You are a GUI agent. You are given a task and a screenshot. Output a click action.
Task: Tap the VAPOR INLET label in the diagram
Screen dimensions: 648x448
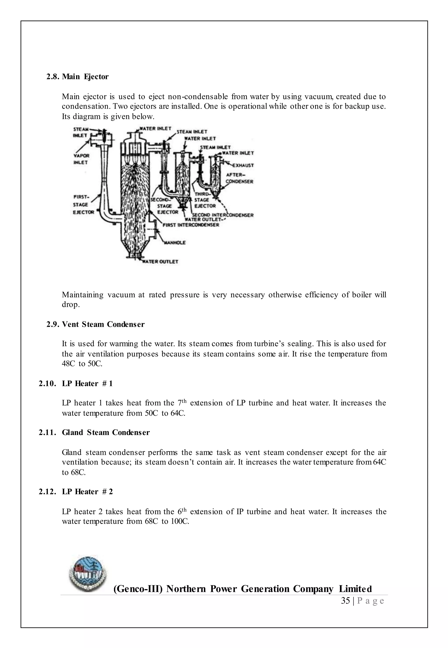[81, 159]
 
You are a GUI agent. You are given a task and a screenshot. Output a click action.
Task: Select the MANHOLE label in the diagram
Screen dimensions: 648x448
[175, 243]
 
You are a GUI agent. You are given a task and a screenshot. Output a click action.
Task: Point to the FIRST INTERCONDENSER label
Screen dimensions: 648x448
[191, 225]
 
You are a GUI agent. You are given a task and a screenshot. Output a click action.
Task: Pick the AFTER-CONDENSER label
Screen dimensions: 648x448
[240, 178]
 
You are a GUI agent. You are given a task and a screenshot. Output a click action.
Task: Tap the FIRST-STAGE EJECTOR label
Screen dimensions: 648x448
[83, 204]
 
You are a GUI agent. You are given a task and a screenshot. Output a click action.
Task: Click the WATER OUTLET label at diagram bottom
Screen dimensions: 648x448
[160, 262]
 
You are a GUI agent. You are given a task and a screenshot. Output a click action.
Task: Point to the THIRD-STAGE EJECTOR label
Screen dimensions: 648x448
[205, 200]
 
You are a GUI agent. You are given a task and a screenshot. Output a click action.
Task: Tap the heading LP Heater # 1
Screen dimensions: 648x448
[87, 383]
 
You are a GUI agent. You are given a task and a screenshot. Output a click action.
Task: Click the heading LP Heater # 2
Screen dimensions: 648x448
[87, 492]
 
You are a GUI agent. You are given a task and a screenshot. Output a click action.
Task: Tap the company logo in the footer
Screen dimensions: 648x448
[88, 573]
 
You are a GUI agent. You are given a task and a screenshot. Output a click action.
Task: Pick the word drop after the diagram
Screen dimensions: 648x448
[70, 305]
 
